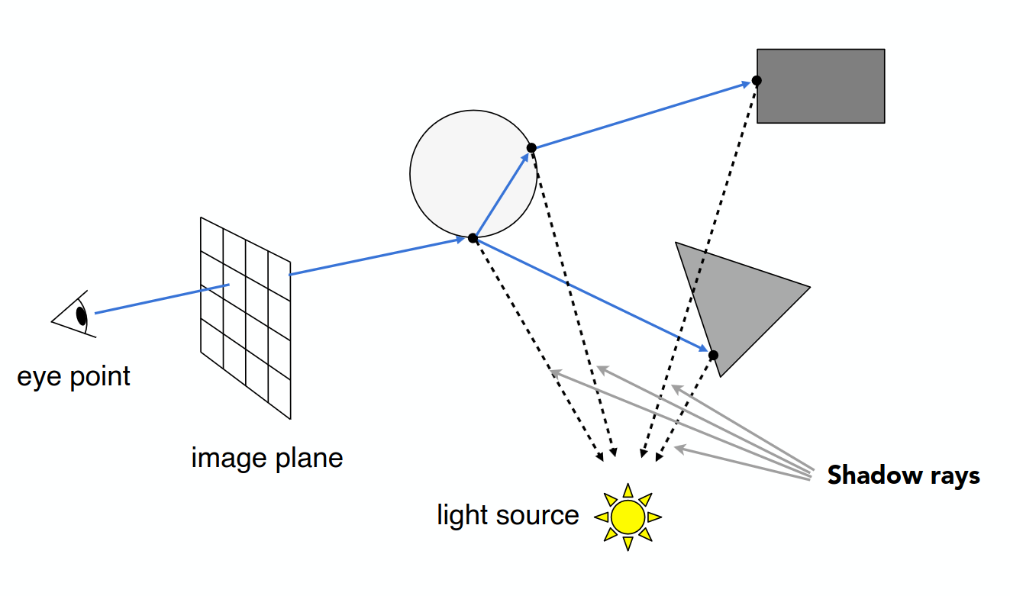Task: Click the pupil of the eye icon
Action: (81, 316)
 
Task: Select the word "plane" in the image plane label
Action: (309, 458)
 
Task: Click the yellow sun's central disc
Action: (628, 517)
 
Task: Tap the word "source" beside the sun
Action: (537, 516)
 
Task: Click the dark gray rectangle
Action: (821, 86)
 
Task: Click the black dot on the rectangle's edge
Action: (757, 81)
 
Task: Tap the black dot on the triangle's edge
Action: (713, 356)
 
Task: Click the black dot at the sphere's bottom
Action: (473, 238)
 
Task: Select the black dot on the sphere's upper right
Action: (531, 148)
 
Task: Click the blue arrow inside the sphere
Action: (502, 194)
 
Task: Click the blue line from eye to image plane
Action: (163, 299)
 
